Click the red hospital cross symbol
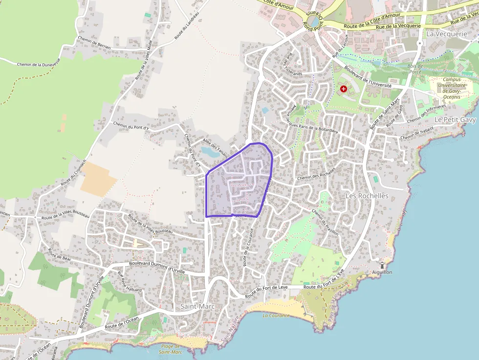click(x=344, y=89)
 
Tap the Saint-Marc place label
click(x=194, y=306)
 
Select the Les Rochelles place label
click(x=367, y=196)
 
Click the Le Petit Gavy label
click(x=455, y=120)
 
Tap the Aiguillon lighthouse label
click(x=382, y=272)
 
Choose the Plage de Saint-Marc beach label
click(x=171, y=349)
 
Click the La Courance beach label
click(x=276, y=315)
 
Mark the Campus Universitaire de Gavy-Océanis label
click(x=452, y=88)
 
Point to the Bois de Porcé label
click(x=415, y=69)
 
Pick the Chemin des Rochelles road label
click(x=316, y=174)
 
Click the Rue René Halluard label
click(x=130, y=282)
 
